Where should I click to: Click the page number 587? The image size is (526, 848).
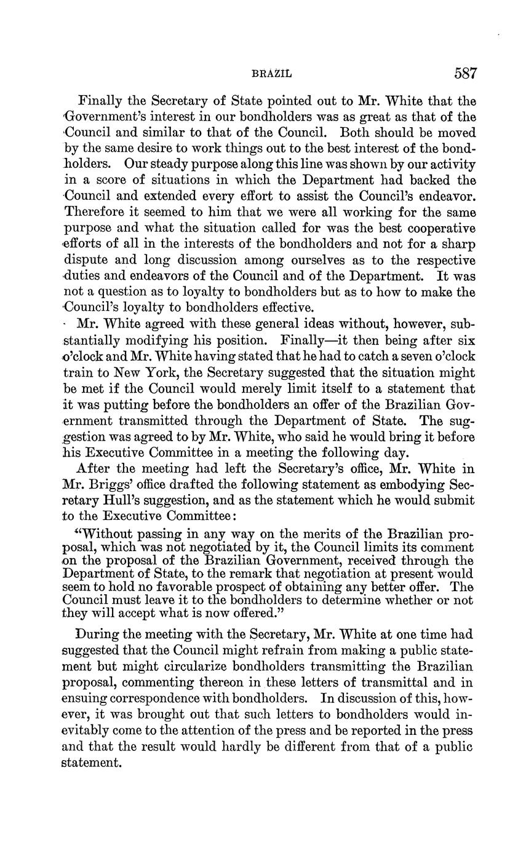click(465, 74)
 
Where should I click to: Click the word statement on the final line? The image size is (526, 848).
click(92, 763)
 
